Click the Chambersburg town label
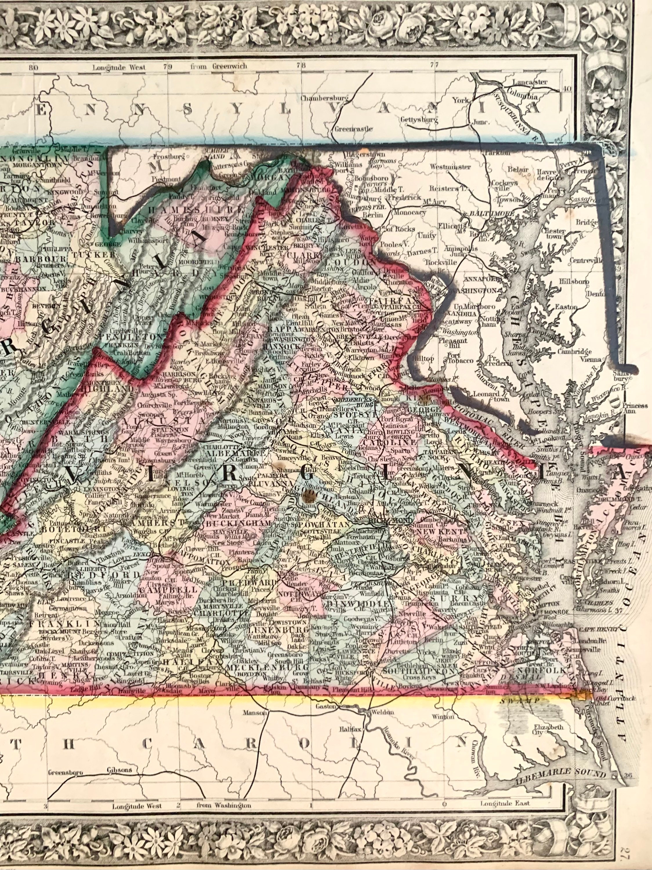(319, 98)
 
